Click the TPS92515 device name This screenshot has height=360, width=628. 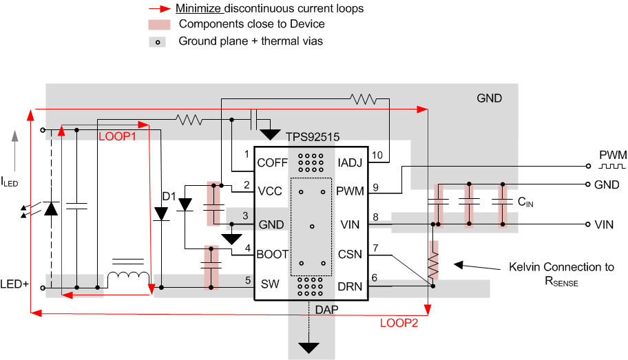tap(313, 137)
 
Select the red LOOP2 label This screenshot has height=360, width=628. tap(399, 324)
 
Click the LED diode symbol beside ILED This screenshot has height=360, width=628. tap(50, 207)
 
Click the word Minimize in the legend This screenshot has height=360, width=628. tap(198, 9)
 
